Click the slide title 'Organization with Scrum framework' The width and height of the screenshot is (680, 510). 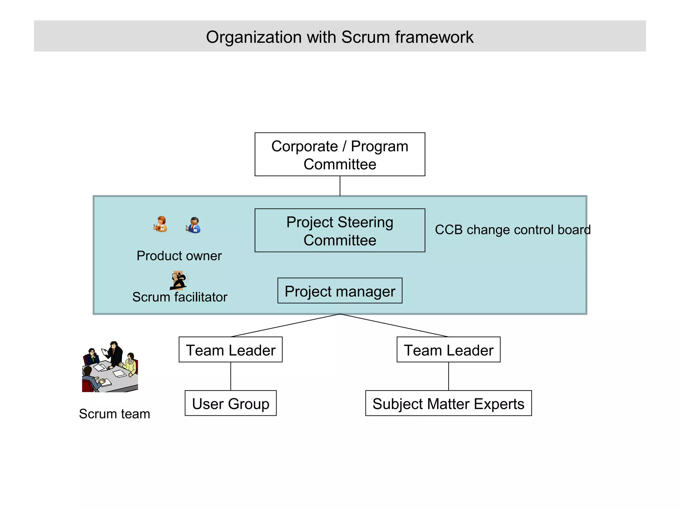[339, 37]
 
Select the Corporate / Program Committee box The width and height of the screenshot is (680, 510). [340, 154]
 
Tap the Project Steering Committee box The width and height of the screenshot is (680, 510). [340, 230]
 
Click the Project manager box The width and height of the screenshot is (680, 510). [340, 291]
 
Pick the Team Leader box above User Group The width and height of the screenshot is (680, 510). [230, 350]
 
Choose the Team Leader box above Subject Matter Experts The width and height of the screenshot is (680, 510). [448, 350]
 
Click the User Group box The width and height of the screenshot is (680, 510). [230, 403]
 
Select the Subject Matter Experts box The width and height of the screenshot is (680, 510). [448, 403]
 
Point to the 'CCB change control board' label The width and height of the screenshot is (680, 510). [512, 230]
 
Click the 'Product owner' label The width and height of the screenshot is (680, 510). [179, 256]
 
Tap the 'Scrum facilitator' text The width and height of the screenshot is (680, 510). [180, 297]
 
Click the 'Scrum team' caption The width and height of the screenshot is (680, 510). [115, 414]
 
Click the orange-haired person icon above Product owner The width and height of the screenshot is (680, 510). [160, 224]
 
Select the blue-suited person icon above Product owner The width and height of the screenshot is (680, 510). [194, 225]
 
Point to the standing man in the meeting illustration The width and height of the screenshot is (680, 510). [115, 354]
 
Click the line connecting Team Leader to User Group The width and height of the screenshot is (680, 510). [231, 376]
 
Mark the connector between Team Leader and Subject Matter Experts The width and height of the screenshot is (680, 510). [449, 376]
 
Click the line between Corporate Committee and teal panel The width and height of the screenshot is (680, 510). [340, 186]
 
